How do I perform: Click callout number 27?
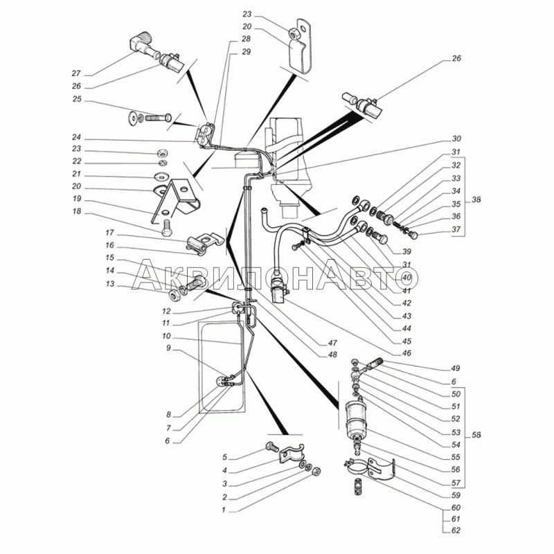click(76, 73)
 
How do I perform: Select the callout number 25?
click(77, 99)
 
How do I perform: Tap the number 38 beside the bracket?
click(476, 200)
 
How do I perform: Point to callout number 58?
click(476, 436)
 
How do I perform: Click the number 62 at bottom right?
click(456, 530)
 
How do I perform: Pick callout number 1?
click(223, 510)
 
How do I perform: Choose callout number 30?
click(456, 139)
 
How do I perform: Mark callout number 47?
click(332, 343)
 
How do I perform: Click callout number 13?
click(110, 284)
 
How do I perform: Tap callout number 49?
click(456, 368)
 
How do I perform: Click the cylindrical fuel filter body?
click(355, 418)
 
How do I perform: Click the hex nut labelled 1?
click(316, 471)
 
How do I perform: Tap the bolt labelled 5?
click(271, 447)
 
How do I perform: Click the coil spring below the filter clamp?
click(358, 486)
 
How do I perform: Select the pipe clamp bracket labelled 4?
click(292, 454)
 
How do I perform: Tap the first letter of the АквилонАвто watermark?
click(145, 274)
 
